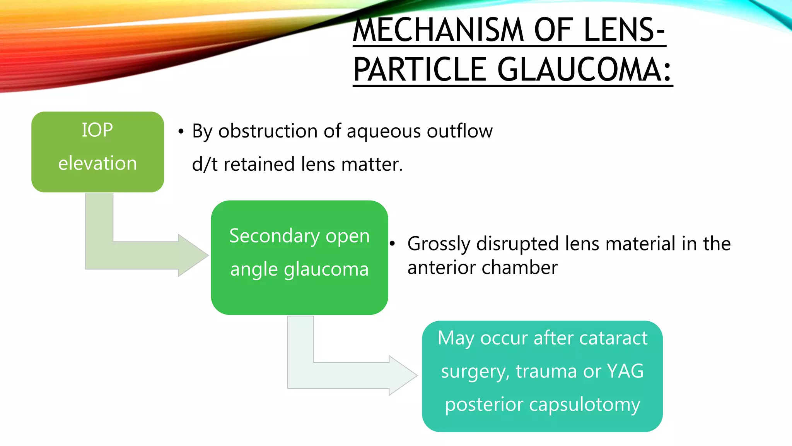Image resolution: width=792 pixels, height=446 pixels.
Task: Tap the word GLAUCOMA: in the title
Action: click(x=584, y=70)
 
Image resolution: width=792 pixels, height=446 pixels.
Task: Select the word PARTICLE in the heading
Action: click(x=420, y=70)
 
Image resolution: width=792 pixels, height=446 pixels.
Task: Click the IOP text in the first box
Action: click(x=97, y=130)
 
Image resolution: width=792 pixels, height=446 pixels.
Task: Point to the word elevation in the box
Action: click(x=97, y=163)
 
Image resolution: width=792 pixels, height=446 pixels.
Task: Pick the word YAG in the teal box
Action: click(x=625, y=371)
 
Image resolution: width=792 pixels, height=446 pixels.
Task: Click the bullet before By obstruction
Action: click(x=181, y=132)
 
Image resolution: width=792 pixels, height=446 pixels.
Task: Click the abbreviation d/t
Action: click(x=205, y=164)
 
